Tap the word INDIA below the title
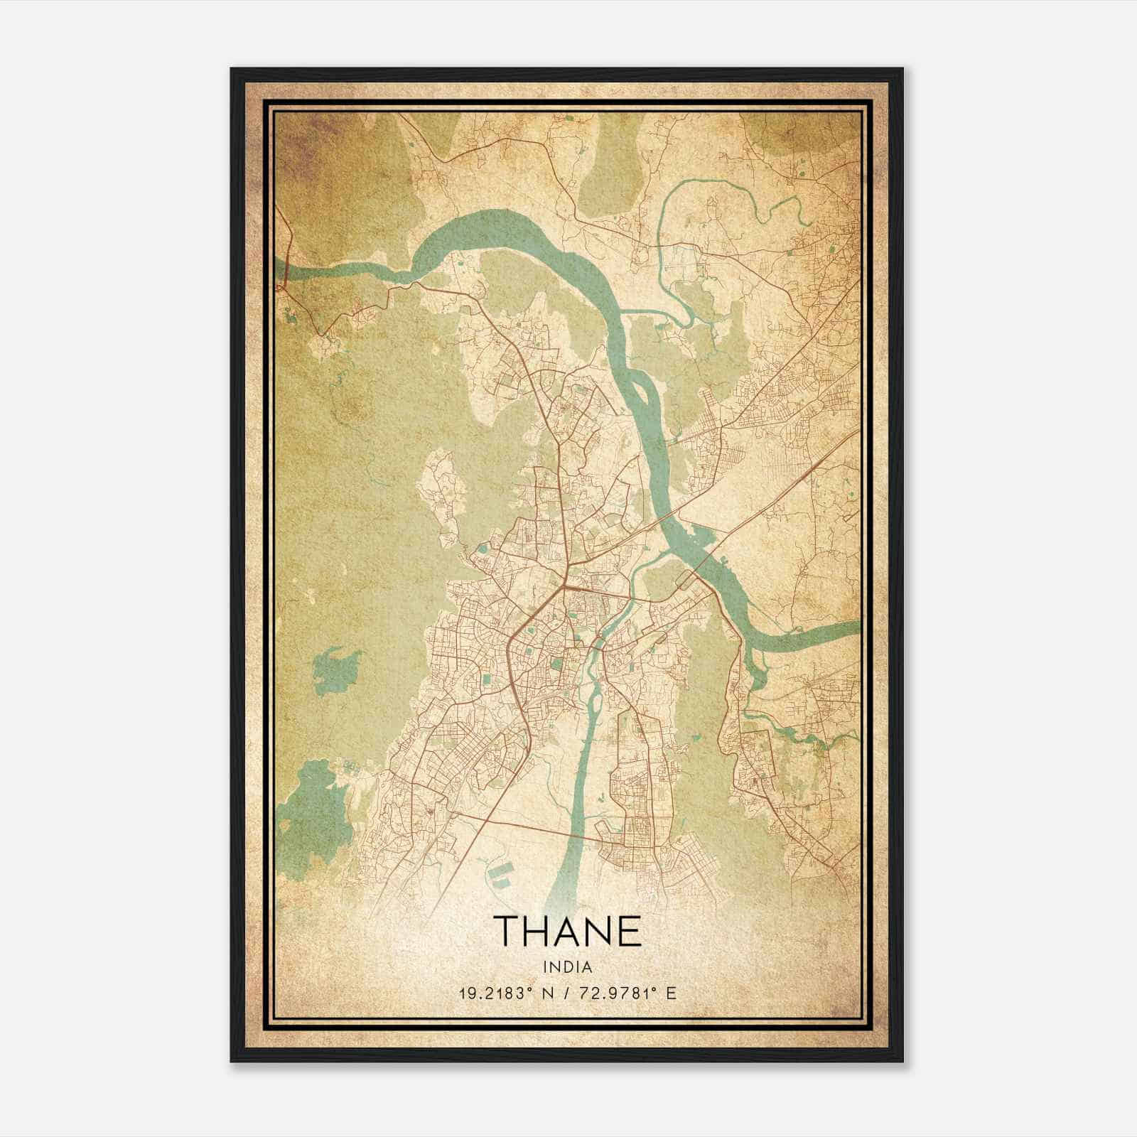(x=567, y=967)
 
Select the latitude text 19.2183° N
(x=505, y=993)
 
